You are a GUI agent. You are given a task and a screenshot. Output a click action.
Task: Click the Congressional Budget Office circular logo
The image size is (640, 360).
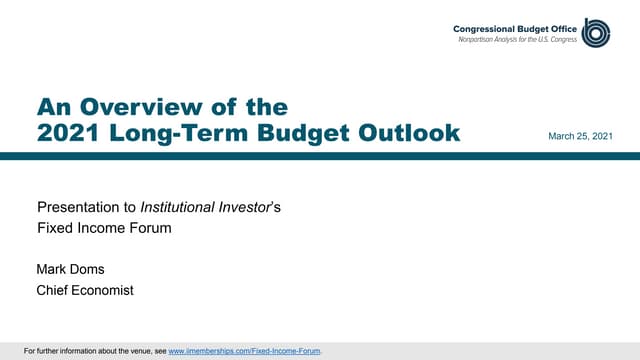point(596,32)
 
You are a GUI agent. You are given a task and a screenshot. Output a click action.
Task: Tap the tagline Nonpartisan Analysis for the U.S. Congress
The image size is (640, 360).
point(519,39)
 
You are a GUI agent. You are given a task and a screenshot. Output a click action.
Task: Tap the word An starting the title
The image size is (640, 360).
point(51,107)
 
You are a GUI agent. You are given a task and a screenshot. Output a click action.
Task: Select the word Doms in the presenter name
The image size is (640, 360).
point(91,269)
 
